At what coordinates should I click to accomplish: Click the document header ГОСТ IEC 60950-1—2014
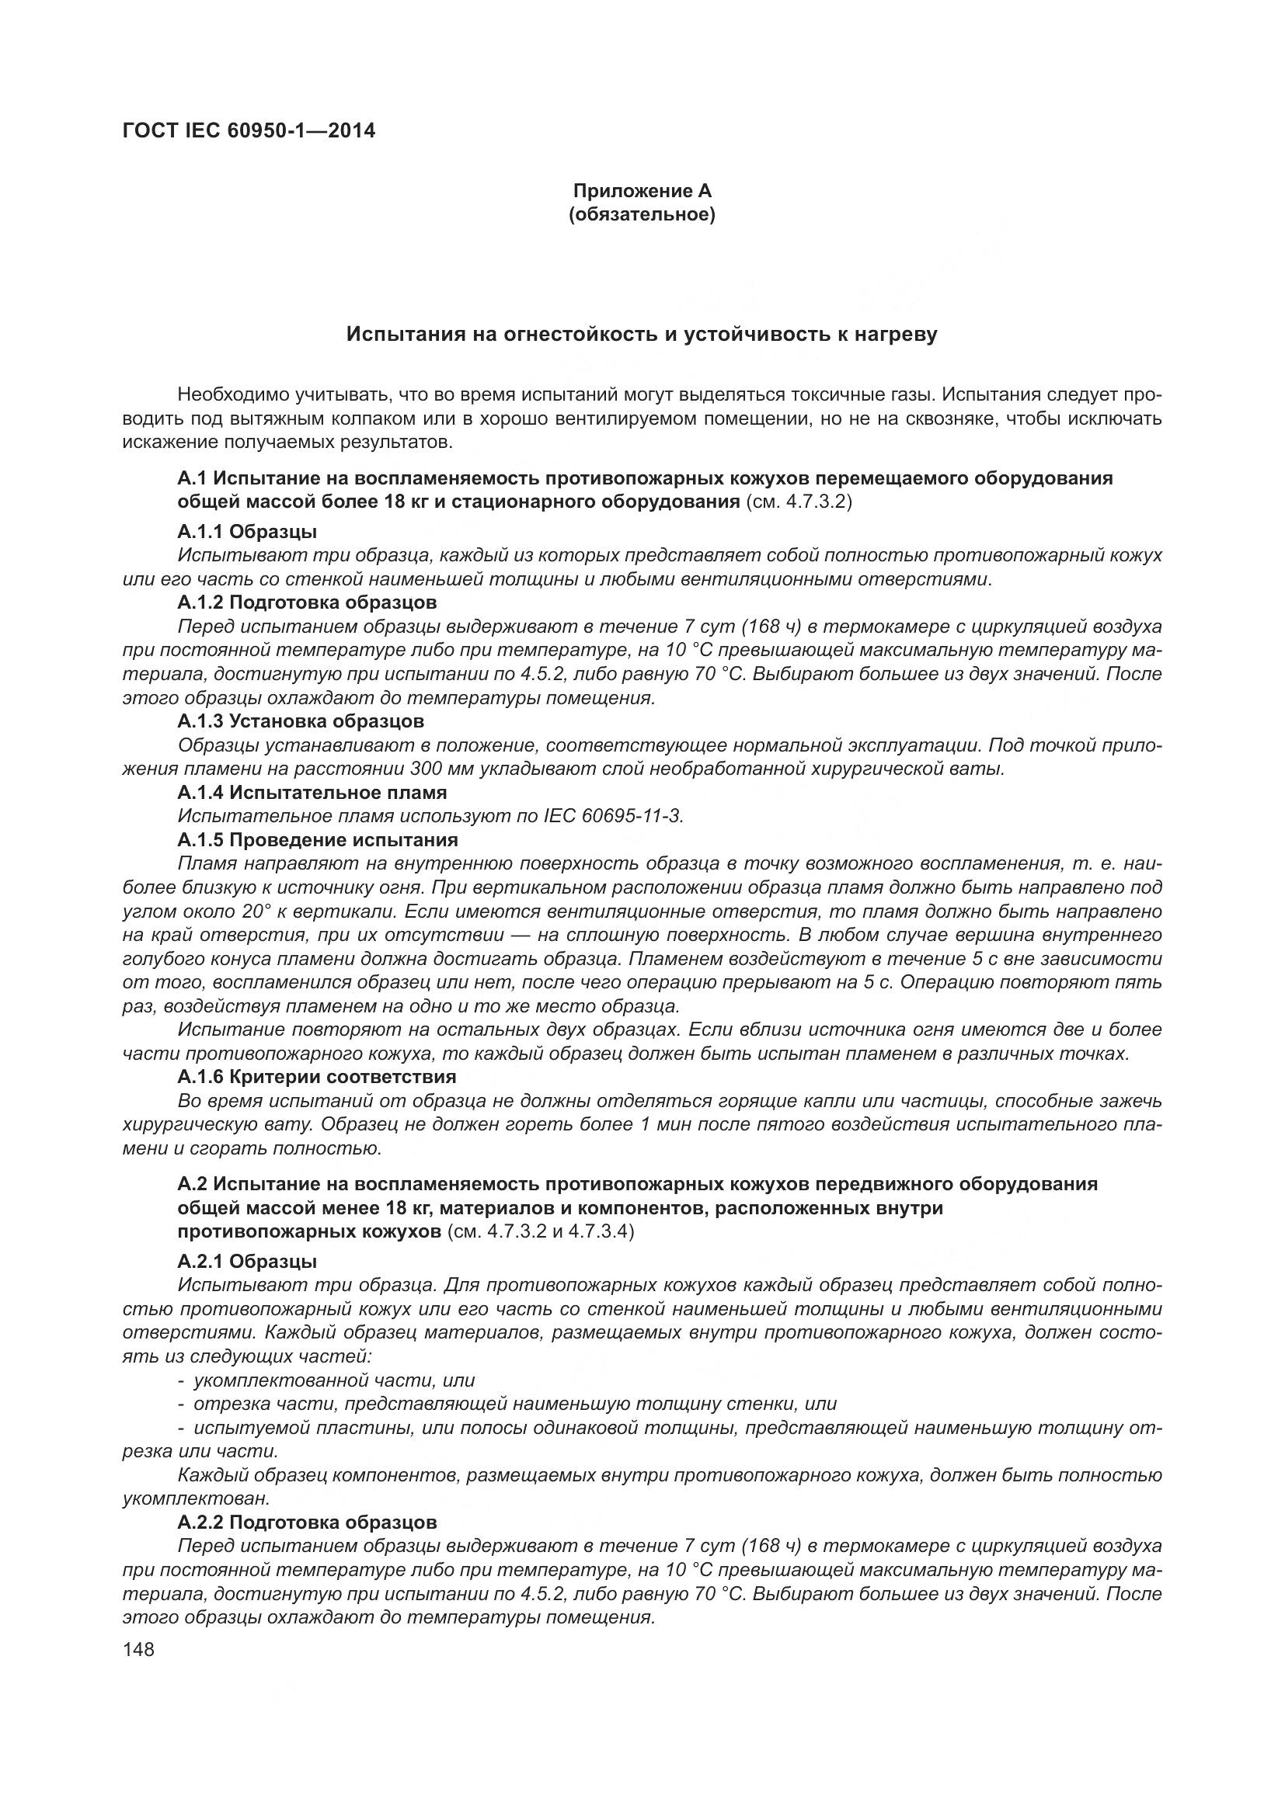coord(249,131)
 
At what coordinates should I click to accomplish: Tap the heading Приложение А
coord(642,191)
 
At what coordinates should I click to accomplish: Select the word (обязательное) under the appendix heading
coord(642,215)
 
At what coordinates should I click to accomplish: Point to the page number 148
coord(138,1649)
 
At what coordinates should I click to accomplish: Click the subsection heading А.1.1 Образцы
coord(247,532)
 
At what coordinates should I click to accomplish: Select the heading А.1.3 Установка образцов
coord(301,721)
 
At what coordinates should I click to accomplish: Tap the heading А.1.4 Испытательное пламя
coord(312,793)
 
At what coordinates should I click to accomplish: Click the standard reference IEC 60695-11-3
coord(613,816)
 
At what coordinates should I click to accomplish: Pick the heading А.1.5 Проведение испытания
coord(317,840)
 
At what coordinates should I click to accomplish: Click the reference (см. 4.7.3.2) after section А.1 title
coord(799,502)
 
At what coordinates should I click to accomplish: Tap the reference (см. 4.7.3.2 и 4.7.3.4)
coord(541,1232)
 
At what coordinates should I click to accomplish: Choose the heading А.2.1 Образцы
coord(247,1262)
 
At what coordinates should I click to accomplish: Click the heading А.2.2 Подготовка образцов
coord(307,1523)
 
